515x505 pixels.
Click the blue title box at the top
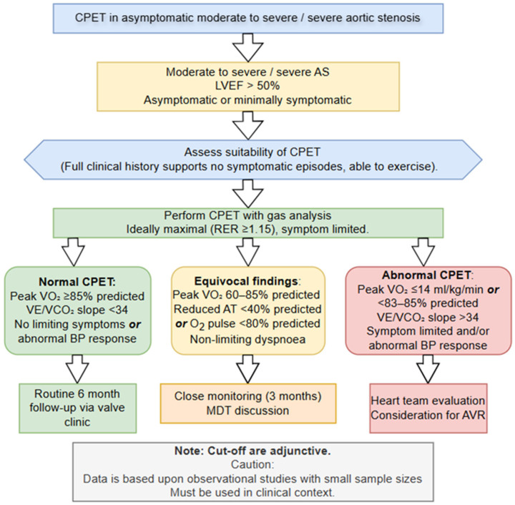[248, 19]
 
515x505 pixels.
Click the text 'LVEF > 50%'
[247, 86]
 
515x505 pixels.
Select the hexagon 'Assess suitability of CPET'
[253, 160]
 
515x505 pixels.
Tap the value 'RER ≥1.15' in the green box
[242, 229]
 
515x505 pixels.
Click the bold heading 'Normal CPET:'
[77, 282]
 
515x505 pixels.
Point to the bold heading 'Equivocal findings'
[246, 281]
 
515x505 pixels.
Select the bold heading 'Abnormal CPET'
[426, 275]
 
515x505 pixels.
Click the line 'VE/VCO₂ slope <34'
[77, 310]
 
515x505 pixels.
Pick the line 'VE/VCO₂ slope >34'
[428, 317]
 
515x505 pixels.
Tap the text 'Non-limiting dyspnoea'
[247, 339]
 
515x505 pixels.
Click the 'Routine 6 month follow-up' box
[77, 408]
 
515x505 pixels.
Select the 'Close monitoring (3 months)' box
[248, 403]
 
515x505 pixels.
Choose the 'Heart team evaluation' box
[428, 408]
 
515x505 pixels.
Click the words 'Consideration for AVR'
[428, 415]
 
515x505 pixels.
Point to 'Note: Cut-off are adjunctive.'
[252, 451]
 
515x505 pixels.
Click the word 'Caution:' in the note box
[252, 464]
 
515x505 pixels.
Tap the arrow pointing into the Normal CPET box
[74, 252]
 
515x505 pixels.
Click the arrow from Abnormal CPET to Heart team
[428, 368]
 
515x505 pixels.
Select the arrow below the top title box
[248, 48]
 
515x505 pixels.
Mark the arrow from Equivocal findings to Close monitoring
[247, 368]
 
